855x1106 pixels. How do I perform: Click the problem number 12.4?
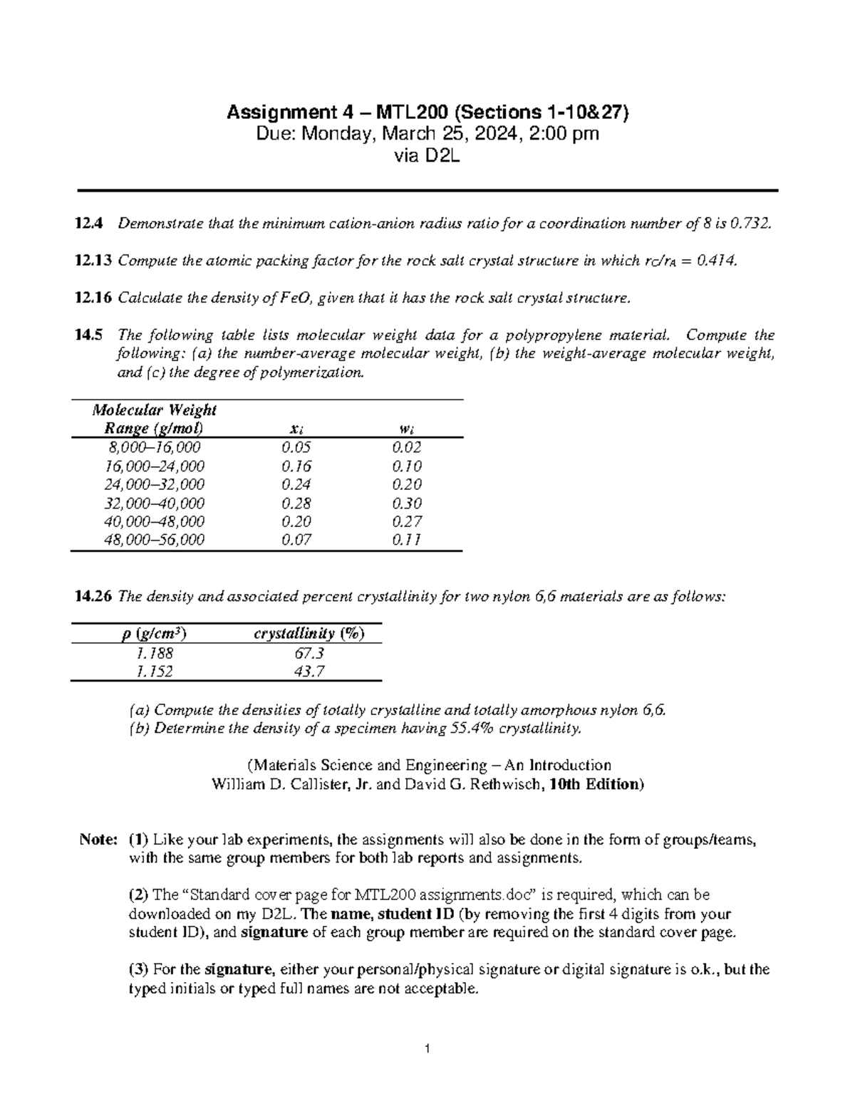coord(88,224)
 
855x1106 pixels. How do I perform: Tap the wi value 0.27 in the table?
coord(407,521)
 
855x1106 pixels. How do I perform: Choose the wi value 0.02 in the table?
coord(407,447)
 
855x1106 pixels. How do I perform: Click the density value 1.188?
coord(154,653)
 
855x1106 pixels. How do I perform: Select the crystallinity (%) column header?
coord(309,633)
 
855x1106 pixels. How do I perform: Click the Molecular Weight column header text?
coord(154,410)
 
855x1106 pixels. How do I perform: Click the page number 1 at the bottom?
coord(427,1049)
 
